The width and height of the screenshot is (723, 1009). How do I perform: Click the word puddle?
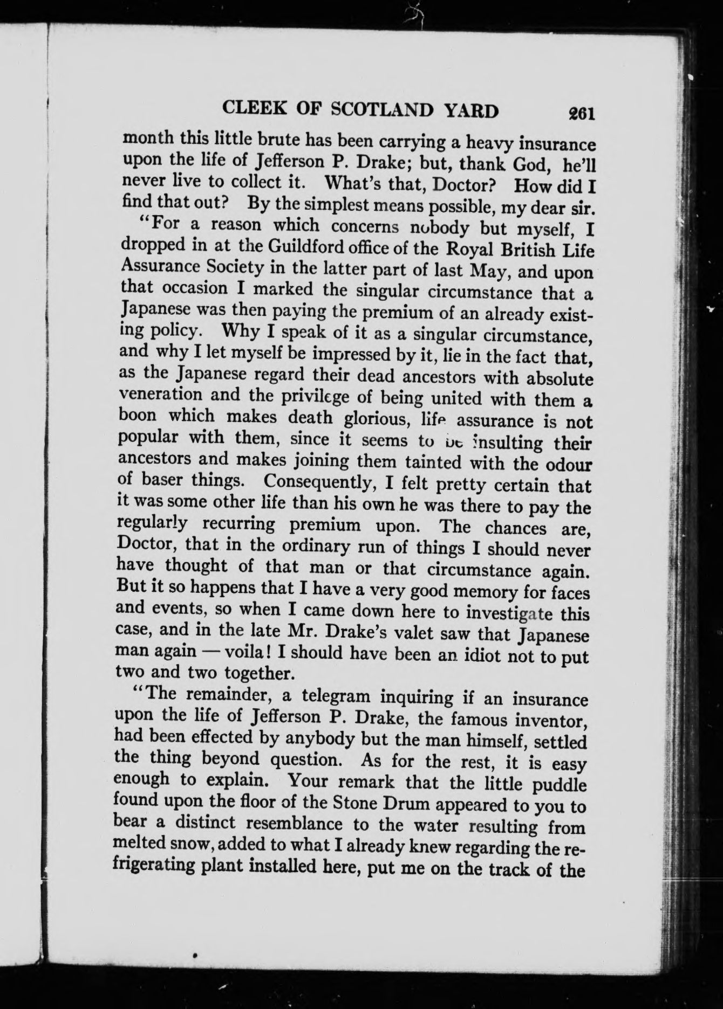560,785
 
